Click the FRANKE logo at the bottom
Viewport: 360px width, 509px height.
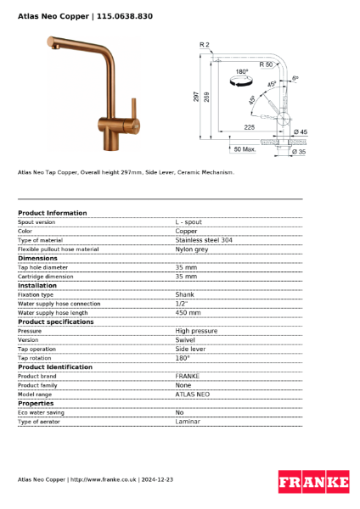click(313, 481)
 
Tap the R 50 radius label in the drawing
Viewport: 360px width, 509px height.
click(266, 64)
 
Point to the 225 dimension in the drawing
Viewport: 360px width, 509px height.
click(249, 127)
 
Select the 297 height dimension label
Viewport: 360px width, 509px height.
click(196, 97)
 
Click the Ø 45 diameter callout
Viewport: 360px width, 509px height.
click(300, 131)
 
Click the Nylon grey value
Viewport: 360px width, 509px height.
click(192, 249)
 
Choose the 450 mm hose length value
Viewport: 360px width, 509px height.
click(188, 312)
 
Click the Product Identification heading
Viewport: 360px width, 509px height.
click(55, 366)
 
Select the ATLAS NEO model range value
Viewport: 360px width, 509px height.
click(193, 394)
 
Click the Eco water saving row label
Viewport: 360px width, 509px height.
click(41, 412)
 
